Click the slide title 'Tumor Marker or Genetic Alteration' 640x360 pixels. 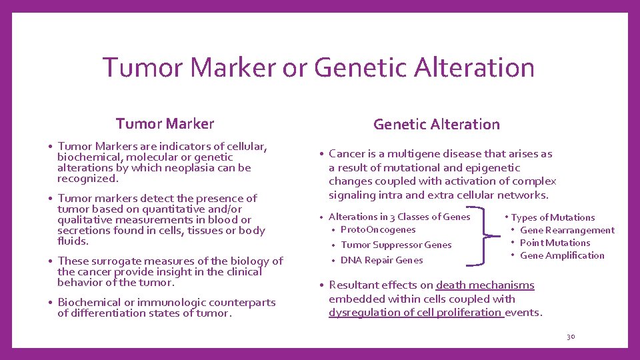[319, 67]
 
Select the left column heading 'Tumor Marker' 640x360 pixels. [165, 124]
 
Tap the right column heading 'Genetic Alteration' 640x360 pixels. [436, 124]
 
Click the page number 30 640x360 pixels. [570, 337]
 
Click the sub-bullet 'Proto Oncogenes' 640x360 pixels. [377, 229]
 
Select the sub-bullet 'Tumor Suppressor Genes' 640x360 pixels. [396, 245]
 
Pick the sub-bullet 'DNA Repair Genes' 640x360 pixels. [381, 260]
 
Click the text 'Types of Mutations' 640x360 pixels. [553, 217]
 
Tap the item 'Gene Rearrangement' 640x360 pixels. [567, 230]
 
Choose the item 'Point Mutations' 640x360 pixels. [555, 243]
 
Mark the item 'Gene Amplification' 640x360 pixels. [562, 255]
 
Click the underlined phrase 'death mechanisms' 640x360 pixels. [485, 285]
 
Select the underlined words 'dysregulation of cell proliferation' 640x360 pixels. [415, 312]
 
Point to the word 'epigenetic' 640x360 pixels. [494, 167]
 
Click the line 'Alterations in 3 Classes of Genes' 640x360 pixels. [399, 217]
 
